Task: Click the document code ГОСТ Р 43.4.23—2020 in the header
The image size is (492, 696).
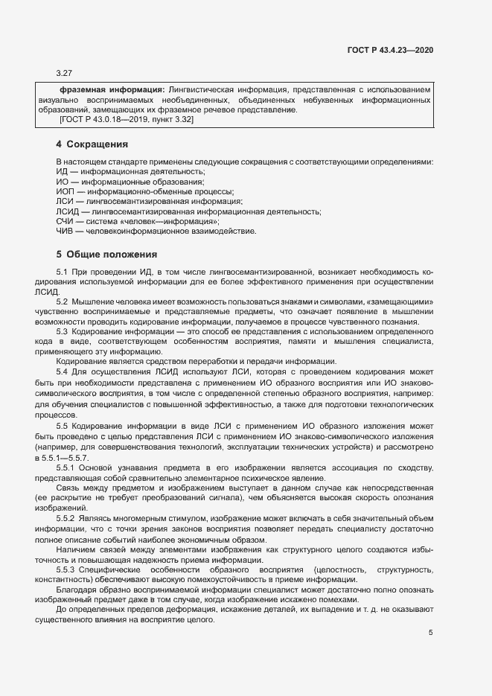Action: (390, 50)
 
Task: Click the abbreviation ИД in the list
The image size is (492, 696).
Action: (62, 172)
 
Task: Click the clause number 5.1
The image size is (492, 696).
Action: (63, 272)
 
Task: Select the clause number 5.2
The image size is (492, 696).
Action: (63, 301)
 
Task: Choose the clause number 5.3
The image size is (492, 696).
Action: (63, 331)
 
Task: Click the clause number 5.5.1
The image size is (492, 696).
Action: (66, 467)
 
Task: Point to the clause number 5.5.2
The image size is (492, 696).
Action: (66, 517)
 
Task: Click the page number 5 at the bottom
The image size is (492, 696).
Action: (431, 633)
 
